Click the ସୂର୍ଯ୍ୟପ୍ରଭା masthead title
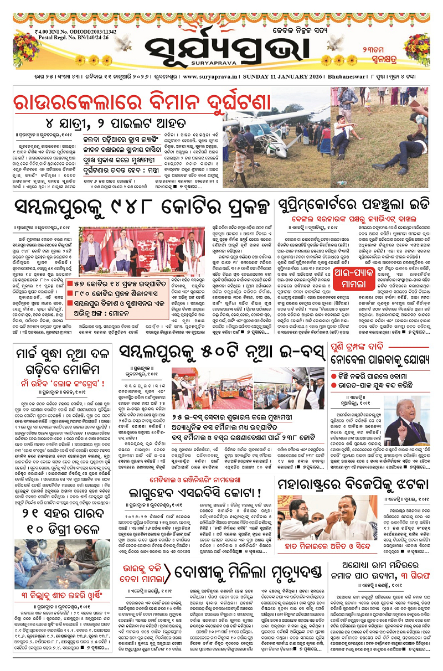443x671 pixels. click(x=221, y=39)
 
